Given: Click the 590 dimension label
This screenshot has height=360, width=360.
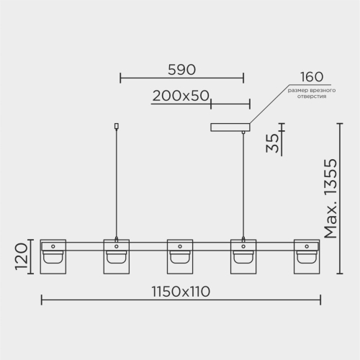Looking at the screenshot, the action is pyautogui.click(x=181, y=70).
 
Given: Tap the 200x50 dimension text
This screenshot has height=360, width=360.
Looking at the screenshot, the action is pyautogui.click(x=181, y=96).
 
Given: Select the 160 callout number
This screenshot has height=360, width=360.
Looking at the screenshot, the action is pyautogui.click(x=312, y=77).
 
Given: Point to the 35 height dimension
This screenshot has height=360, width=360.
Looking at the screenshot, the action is pyautogui.click(x=273, y=143).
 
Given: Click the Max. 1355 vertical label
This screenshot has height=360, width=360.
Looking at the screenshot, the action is pyautogui.click(x=330, y=199).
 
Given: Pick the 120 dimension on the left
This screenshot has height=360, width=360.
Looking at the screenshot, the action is pyautogui.click(x=21, y=256).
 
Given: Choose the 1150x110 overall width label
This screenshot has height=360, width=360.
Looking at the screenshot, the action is pyautogui.click(x=181, y=292).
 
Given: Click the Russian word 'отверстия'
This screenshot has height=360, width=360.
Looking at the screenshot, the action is pyautogui.click(x=312, y=96).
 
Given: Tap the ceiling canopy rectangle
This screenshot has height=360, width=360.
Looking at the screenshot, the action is pyautogui.click(x=230, y=127).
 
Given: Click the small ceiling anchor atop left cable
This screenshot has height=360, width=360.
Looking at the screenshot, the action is pyautogui.click(x=117, y=126).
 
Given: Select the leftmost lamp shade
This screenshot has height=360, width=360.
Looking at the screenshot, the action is pyautogui.click(x=53, y=256).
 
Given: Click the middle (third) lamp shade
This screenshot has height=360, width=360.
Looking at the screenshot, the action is pyautogui.click(x=180, y=256).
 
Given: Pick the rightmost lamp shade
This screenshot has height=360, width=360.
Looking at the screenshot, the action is pyautogui.click(x=307, y=256).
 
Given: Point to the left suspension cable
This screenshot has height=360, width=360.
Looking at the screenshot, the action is pyautogui.click(x=117, y=183).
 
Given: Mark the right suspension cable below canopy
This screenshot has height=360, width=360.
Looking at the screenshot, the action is pyautogui.click(x=243, y=185).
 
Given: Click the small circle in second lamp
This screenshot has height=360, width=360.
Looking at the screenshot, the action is pyautogui.click(x=117, y=246).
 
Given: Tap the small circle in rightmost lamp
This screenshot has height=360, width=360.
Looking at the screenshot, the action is pyautogui.click(x=307, y=246).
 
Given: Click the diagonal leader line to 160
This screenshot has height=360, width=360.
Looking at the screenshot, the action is pyautogui.click(x=269, y=104).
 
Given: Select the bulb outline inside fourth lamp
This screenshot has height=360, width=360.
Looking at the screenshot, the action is pyautogui.click(x=243, y=257).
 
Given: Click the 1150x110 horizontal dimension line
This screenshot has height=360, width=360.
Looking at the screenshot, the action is pyautogui.click(x=181, y=300).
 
